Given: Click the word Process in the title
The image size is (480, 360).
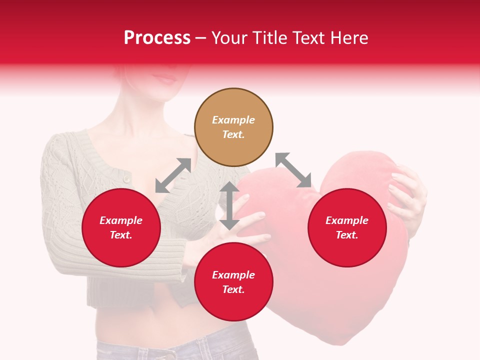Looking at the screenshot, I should tap(157, 38).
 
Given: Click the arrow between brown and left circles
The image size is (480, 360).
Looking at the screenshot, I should tap(173, 175).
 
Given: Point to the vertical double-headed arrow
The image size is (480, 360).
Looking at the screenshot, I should tap(229, 205).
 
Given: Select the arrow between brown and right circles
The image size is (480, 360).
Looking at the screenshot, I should tap(293, 170).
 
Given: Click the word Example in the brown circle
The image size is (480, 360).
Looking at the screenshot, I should tap(233, 120).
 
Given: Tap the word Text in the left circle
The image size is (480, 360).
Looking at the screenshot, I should tap(121, 235).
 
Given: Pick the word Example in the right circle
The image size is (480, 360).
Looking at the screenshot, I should tap(347, 220).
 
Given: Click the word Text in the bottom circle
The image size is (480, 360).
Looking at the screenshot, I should tap(233, 290).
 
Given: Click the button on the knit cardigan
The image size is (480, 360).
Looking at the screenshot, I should tap(127, 178).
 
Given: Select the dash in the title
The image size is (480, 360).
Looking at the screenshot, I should tap(200, 38).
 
